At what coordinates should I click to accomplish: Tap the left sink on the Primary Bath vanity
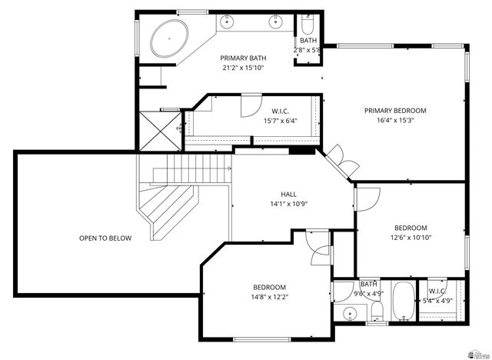(229, 22)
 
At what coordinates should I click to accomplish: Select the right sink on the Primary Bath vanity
(274, 22)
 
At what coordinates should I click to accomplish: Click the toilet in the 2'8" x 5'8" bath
(307, 23)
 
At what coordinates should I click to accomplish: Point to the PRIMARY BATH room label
(243, 58)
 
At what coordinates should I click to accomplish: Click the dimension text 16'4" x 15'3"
(395, 120)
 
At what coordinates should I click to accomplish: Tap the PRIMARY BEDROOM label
(395, 110)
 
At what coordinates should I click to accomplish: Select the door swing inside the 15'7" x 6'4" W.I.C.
(251, 105)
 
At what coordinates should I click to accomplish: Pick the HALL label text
(288, 195)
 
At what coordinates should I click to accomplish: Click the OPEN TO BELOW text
(105, 238)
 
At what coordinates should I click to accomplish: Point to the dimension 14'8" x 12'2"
(269, 297)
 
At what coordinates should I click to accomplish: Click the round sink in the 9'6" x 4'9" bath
(350, 314)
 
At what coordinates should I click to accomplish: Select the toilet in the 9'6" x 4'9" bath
(376, 311)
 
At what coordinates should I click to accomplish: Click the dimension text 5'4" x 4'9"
(438, 301)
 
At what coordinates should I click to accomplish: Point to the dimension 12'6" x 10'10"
(411, 238)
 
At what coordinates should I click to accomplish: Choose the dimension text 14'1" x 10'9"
(288, 205)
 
